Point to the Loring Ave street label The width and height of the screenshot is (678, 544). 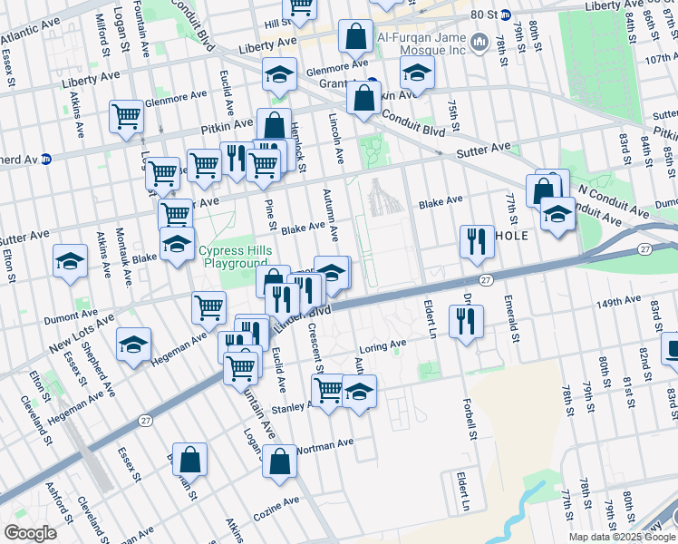[x=384, y=345]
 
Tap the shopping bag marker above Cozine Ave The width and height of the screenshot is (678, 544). [x=280, y=461]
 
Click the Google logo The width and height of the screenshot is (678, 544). [x=30, y=532]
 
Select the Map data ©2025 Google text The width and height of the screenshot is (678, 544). [x=623, y=537]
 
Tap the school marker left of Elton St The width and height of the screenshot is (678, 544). [x=70, y=263]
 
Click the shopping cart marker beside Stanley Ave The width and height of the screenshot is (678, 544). [x=328, y=392]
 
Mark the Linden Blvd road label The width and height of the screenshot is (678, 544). [x=306, y=319]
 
